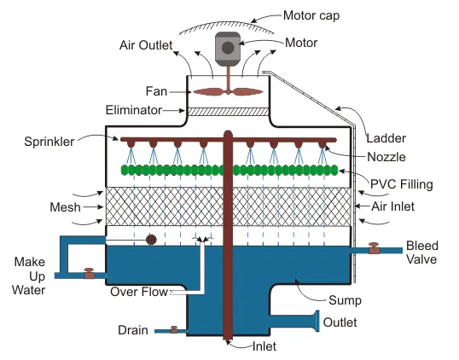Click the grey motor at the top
(x=228, y=49)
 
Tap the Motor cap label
(x=311, y=15)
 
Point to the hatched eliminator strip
(x=228, y=112)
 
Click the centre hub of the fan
(x=229, y=92)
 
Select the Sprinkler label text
(x=49, y=142)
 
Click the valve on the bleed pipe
(x=374, y=248)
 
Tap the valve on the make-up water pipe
(x=89, y=273)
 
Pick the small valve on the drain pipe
(x=174, y=329)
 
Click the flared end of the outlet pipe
(x=317, y=321)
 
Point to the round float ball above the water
(x=151, y=240)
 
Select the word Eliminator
(x=133, y=110)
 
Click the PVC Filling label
(x=401, y=184)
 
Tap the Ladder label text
(x=386, y=138)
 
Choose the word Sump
(x=345, y=300)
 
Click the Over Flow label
(x=139, y=292)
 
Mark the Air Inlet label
(x=392, y=206)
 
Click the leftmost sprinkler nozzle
(x=131, y=143)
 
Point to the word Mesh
(x=65, y=207)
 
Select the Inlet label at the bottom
(x=264, y=346)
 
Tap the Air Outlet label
(x=146, y=45)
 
